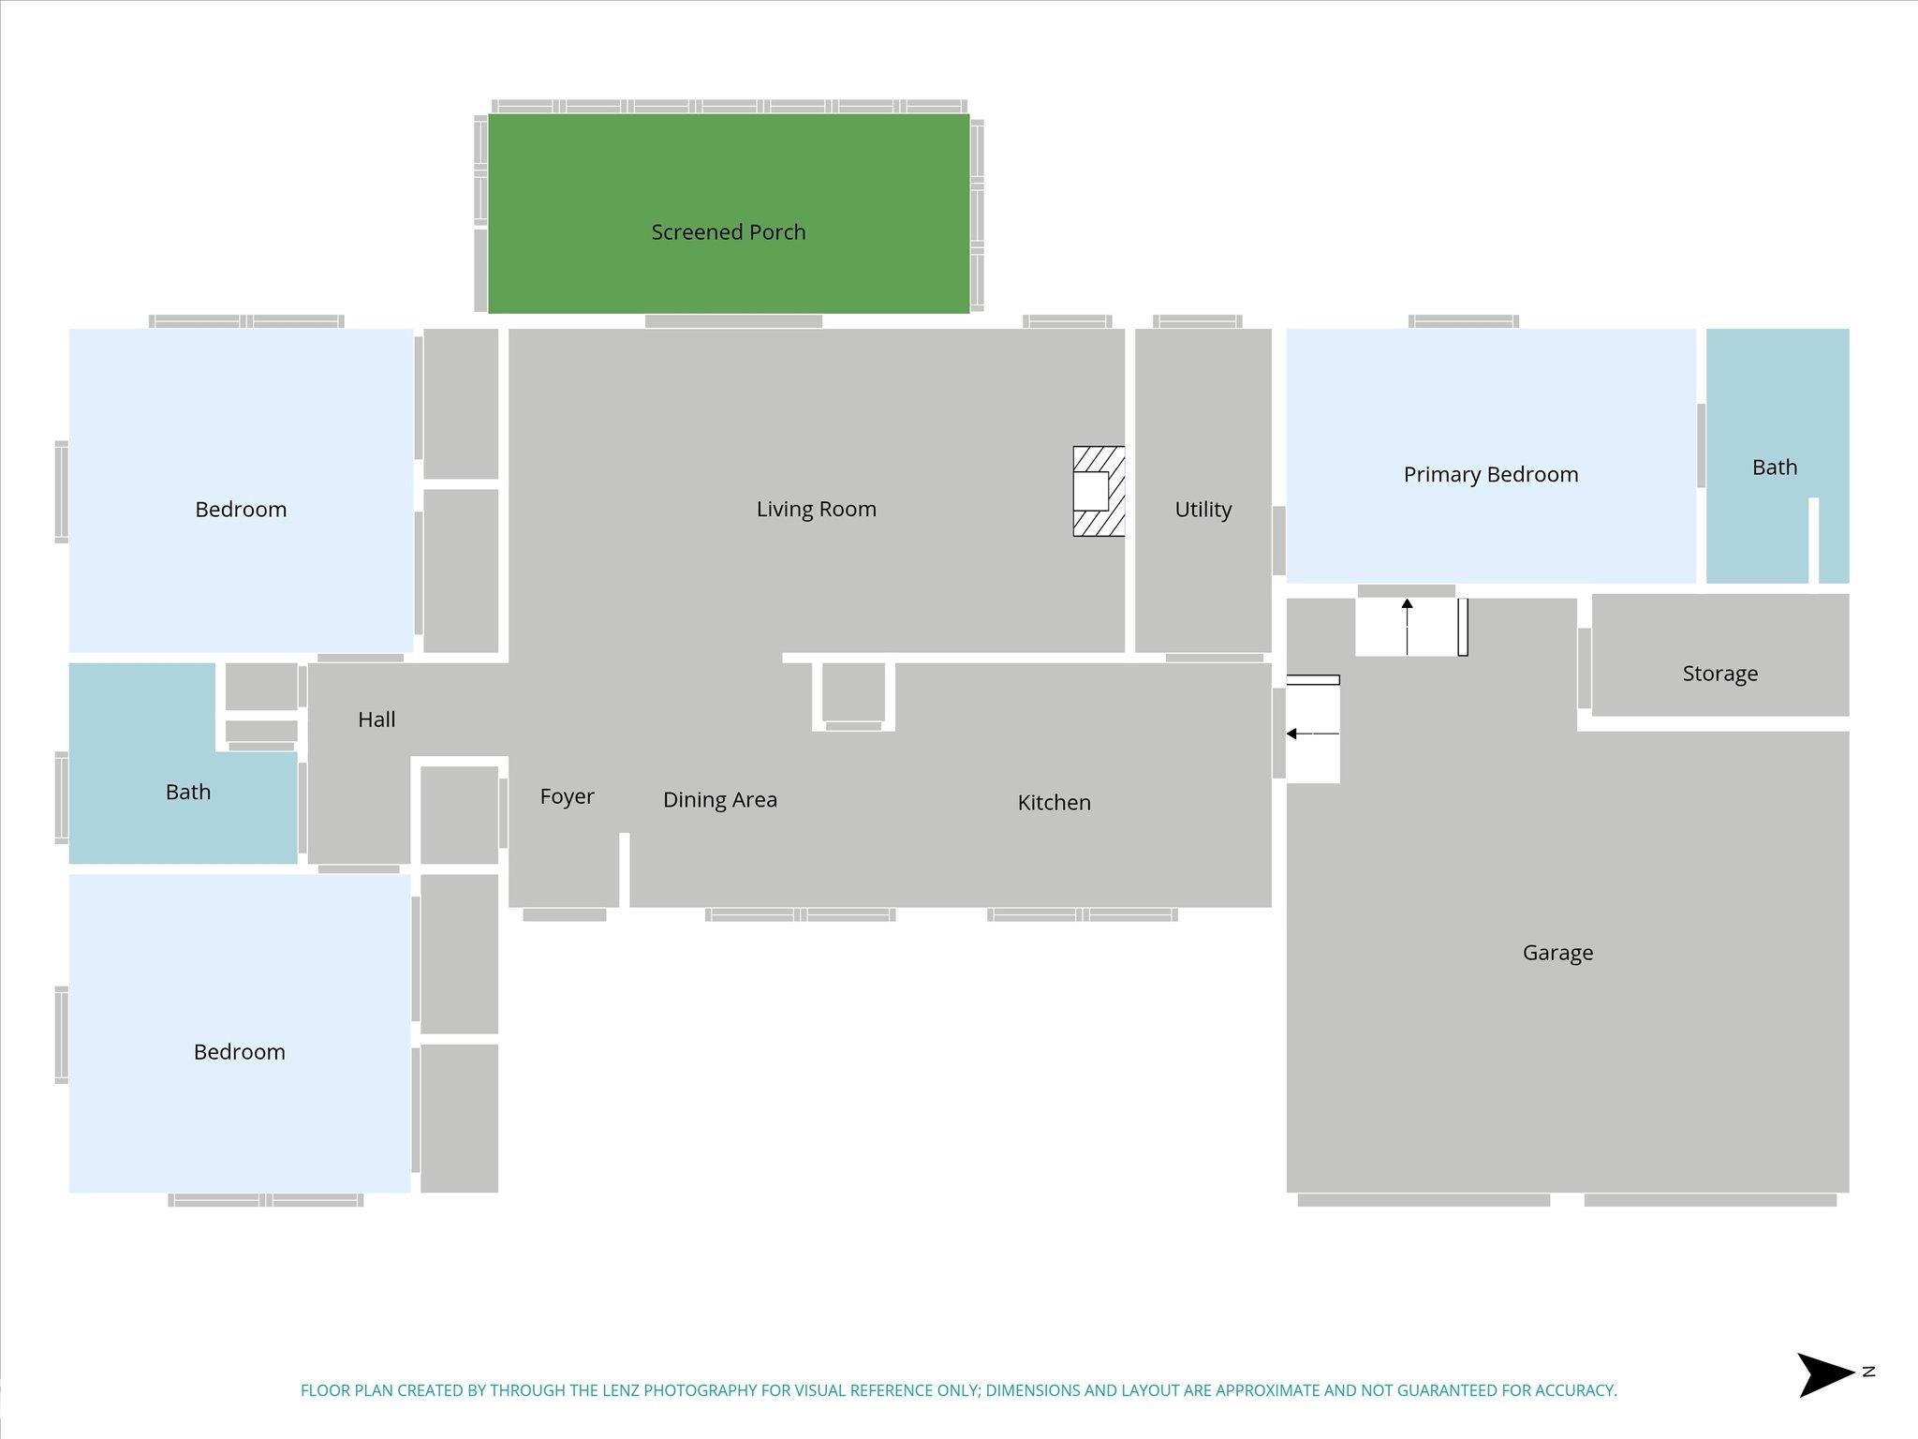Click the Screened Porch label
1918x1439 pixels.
(x=729, y=231)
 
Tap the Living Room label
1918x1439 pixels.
(x=817, y=509)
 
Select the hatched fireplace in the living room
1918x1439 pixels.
(x=1099, y=491)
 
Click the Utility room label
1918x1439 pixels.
(x=1203, y=510)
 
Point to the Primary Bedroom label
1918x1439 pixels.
(x=1491, y=475)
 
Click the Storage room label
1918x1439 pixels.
(x=1720, y=674)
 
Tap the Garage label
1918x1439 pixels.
(x=1557, y=953)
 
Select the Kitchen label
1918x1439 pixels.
(x=1055, y=802)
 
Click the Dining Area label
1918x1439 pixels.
(x=720, y=799)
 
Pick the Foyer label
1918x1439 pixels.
(x=568, y=796)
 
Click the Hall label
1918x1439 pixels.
(x=376, y=719)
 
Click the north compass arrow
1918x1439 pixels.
(x=1825, y=1374)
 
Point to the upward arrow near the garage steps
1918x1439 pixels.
(x=1407, y=627)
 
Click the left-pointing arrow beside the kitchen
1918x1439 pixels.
(x=1313, y=734)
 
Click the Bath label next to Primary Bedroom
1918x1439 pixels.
(x=1775, y=467)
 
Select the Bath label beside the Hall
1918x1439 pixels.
(x=188, y=793)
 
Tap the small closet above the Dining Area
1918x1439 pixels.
(x=853, y=692)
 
